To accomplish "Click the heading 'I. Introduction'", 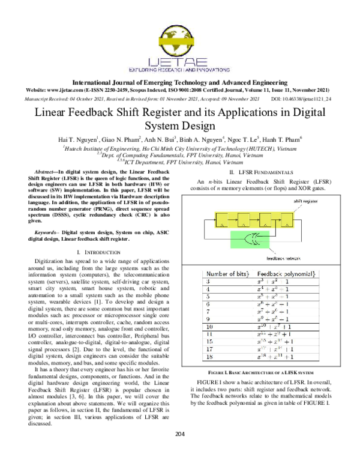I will click(97, 250).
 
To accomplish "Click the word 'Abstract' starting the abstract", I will click(53, 172).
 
